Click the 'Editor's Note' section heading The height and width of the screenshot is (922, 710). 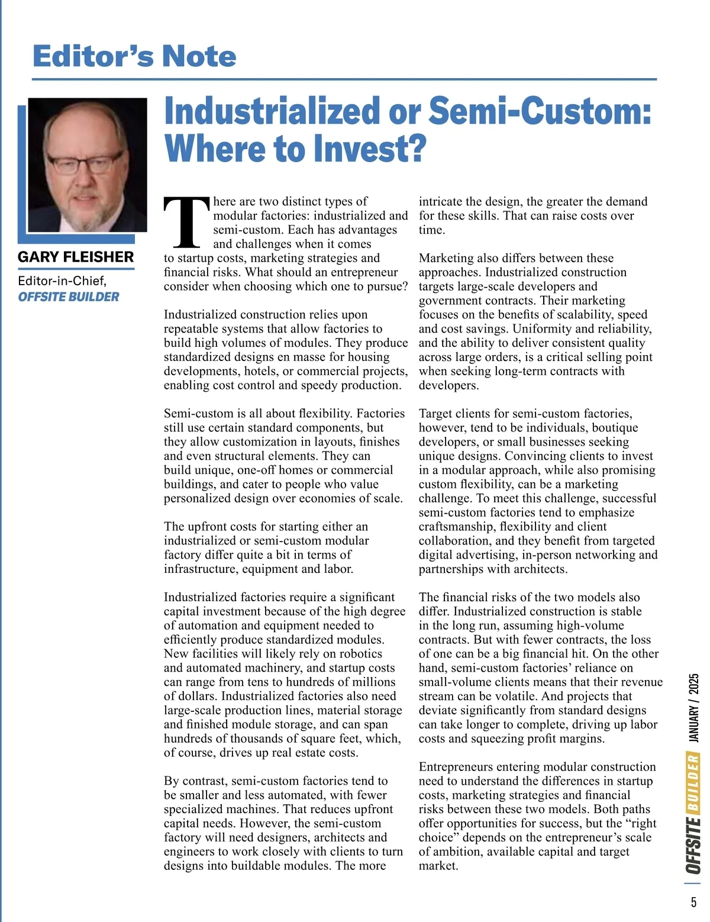coord(134,56)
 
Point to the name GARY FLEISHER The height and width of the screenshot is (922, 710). coord(76,257)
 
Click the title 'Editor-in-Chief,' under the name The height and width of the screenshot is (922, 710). coord(62,281)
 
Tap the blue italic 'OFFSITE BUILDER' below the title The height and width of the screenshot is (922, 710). coord(68,296)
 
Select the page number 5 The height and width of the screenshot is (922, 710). coord(693,902)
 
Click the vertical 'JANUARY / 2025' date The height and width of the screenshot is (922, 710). coord(694,707)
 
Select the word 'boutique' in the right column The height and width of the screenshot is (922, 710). coord(615,428)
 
